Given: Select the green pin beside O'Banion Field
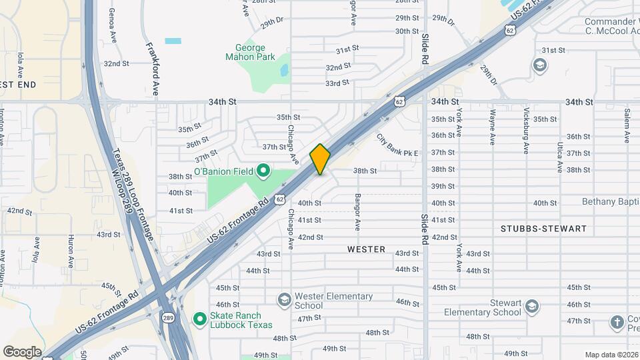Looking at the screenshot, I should [x=263, y=171].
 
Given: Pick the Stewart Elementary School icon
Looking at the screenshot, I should [x=531, y=306].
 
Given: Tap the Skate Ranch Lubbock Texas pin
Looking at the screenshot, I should [x=199, y=319].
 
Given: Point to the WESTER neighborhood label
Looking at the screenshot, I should [x=366, y=249].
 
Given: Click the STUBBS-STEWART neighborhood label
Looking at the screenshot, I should [x=543, y=229].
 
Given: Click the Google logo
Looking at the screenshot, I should [x=22, y=351].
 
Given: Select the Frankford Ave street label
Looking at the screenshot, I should [x=151, y=69].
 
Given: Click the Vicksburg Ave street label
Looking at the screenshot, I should [x=526, y=126].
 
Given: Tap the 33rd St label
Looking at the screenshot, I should [x=337, y=83].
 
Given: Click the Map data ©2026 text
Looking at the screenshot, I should [x=611, y=355].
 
